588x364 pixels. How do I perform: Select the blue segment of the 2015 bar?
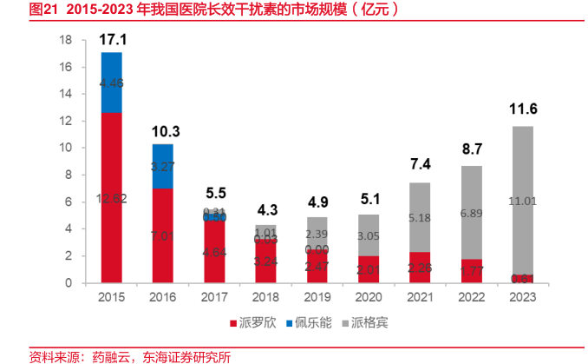point(112,83)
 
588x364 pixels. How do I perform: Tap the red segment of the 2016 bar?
point(163,235)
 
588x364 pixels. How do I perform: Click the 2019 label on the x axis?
point(317,297)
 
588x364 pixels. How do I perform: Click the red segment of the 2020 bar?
point(369,269)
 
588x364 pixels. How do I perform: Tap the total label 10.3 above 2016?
point(163,131)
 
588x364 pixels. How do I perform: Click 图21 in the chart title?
point(18,10)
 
